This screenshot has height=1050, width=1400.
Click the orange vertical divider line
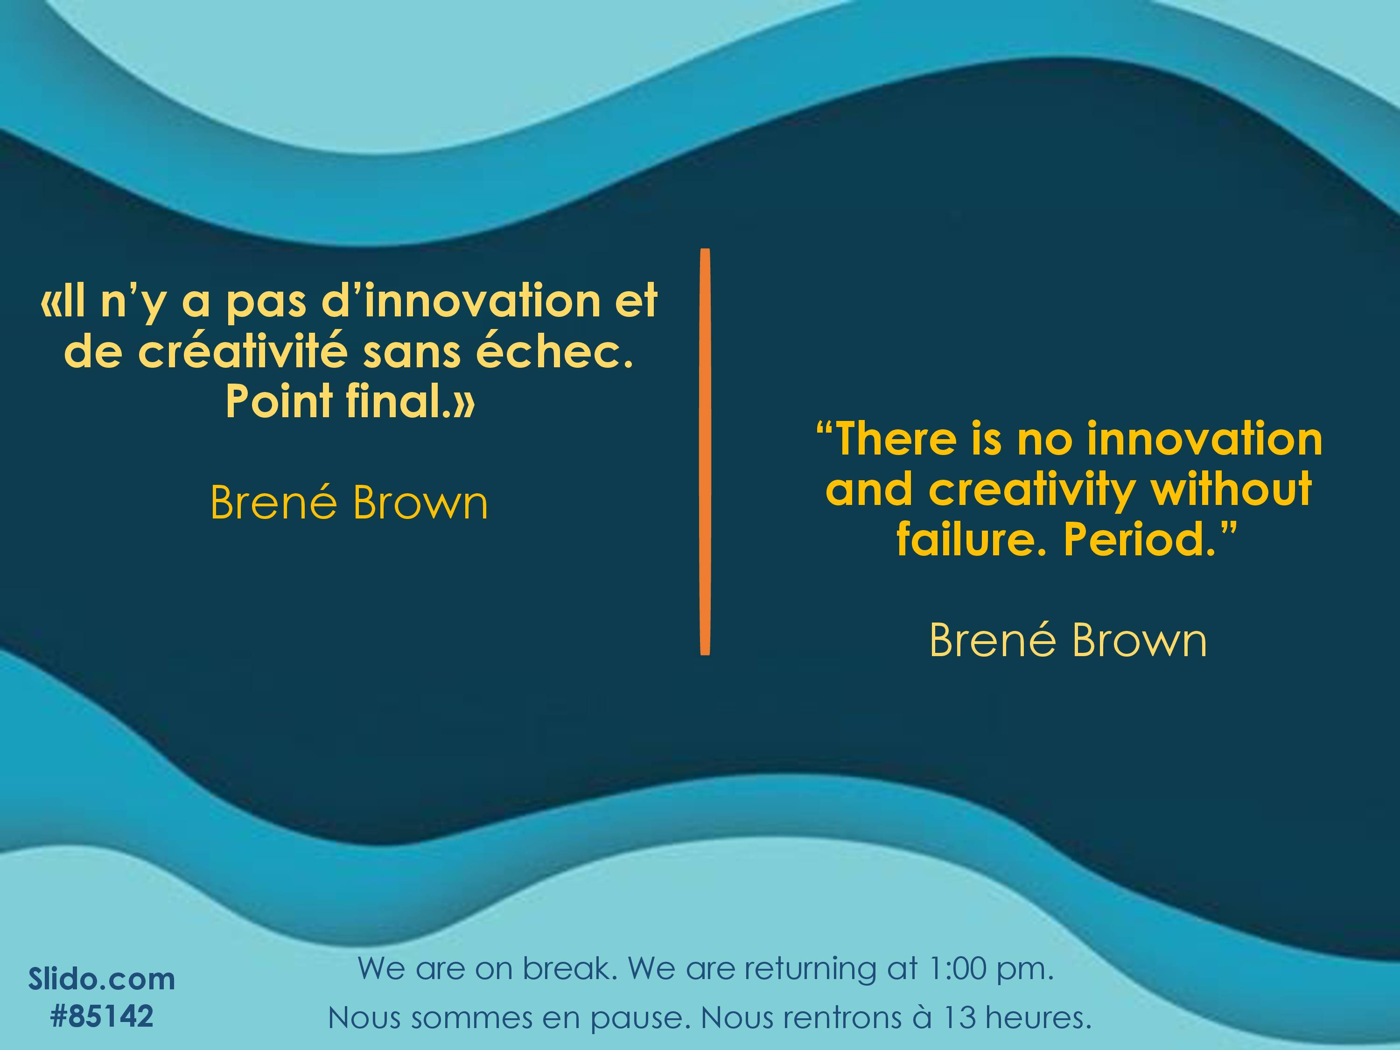705,451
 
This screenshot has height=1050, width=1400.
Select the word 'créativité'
243,351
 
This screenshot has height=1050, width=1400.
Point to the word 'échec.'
554,351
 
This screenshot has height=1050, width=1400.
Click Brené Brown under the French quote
350,503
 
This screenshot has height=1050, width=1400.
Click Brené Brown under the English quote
1068,641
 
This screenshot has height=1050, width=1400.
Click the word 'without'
1231,489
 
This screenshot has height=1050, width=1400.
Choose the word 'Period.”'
1150,539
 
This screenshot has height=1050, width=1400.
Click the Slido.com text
102,979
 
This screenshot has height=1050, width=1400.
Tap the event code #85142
102,1016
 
